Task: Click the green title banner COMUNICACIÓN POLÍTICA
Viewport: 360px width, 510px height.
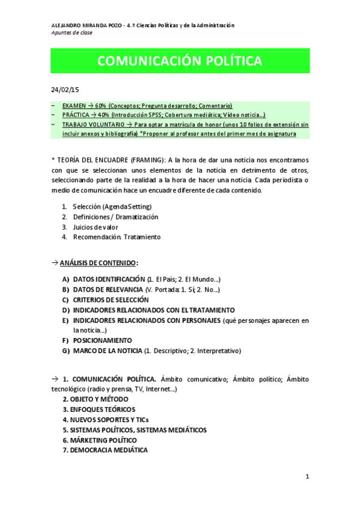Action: (180, 62)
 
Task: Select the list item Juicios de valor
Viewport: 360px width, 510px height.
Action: (96, 227)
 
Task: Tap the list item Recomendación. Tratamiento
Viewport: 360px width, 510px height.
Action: (117, 237)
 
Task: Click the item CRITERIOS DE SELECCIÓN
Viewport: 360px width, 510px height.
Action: (111, 300)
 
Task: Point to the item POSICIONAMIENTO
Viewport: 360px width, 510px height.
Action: (102, 340)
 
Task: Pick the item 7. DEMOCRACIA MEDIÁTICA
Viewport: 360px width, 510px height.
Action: (105, 450)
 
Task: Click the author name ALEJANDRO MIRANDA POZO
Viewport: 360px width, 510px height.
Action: (86, 25)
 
